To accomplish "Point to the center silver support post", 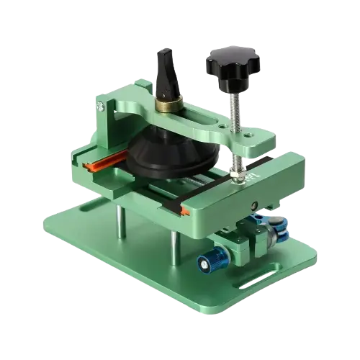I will [x=172, y=238].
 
